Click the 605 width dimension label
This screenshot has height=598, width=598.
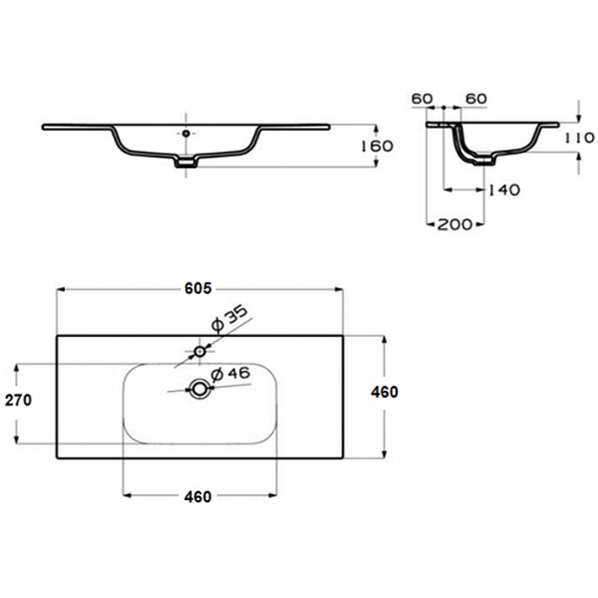[198, 289]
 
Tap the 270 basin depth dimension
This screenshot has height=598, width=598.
[18, 400]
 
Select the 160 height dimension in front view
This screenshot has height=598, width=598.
[377, 146]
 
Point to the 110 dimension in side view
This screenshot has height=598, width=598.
[579, 137]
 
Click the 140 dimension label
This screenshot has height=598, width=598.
[504, 190]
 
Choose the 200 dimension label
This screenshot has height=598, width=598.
[455, 224]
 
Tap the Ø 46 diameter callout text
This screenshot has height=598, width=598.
[231, 374]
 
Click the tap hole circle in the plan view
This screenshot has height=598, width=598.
[200, 351]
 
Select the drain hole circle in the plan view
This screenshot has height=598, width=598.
[199, 389]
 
